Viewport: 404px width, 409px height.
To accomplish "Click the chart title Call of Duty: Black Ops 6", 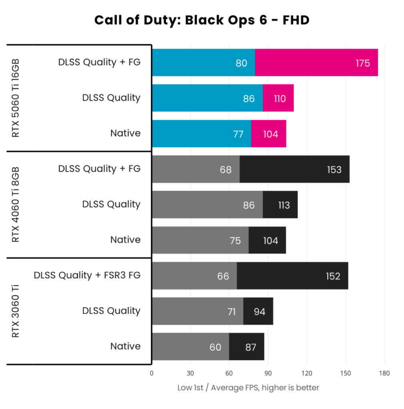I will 202,20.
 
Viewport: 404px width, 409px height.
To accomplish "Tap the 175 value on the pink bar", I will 363,63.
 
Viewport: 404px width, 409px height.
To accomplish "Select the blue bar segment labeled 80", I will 203,63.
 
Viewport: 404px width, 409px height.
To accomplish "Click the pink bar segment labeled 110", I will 280,98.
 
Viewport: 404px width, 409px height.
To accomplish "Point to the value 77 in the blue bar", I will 238,134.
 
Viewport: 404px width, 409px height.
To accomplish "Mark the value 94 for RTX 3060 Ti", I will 259,312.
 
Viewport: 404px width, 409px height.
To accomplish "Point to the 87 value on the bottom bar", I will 251,347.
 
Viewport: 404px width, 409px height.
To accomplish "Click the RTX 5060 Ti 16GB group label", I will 16,98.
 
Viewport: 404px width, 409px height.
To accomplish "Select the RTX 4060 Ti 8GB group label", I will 16,205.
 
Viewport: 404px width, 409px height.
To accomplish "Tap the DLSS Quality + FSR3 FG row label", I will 87,276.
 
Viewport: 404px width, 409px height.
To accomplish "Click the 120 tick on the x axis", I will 306,373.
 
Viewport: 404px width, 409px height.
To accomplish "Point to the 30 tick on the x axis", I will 190,373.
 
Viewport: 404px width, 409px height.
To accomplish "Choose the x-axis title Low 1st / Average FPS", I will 248,388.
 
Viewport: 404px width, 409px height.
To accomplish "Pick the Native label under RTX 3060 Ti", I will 125,346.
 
